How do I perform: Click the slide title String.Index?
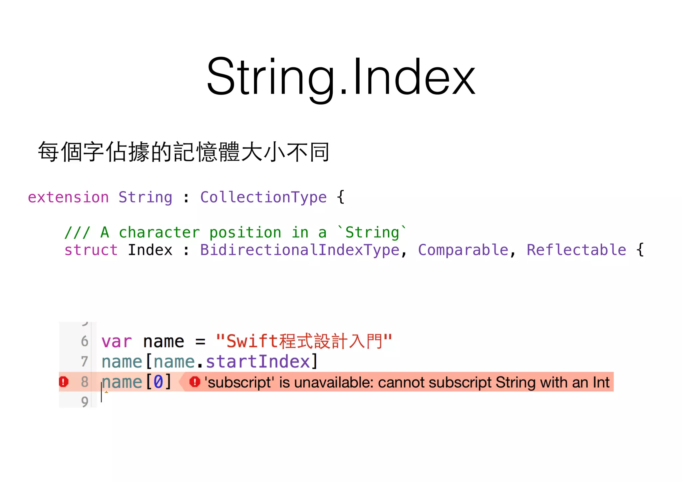[x=341, y=77]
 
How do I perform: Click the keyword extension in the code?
[x=68, y=197]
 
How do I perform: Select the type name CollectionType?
[x=263, y=197]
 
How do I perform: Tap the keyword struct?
[x=91, y=250]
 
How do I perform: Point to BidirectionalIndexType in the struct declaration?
[x=300, y=250]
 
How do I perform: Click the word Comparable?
[x=463, y=250]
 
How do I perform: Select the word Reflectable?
[x=576, y=250]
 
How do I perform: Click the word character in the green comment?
[x=159, y=232]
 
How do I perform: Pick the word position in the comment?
[x=245, y=232]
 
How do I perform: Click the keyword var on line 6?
[x=117, y=341]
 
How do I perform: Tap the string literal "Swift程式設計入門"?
[x=304, y=341]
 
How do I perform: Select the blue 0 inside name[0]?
[x=158, y=382]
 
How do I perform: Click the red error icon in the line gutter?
[x=64, y=382]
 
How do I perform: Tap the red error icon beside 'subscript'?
[x=195, y=382]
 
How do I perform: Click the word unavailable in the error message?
[x=333, y=382]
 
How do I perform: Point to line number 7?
[x=85, y=362]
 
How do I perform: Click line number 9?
[x=85, y=402]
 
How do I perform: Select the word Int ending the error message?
[x=601, y=382]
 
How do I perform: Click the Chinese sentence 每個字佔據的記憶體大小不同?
[x=183, y=152]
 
